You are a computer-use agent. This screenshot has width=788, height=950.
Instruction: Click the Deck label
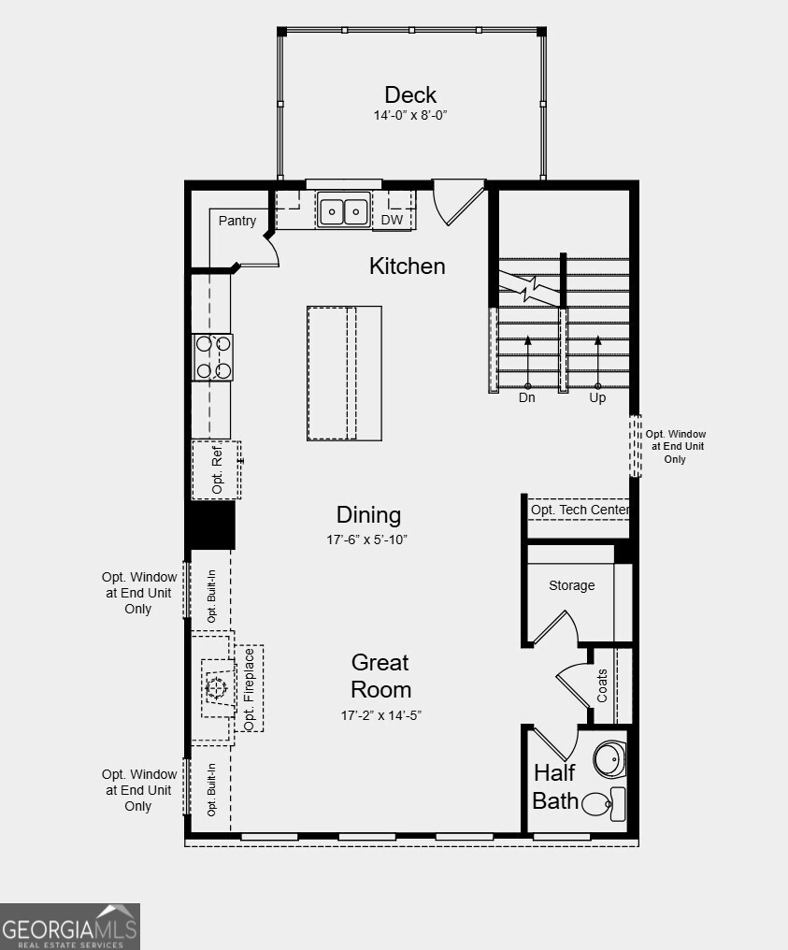[410, 94]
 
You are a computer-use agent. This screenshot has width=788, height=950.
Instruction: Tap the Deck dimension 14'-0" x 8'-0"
[410, 116]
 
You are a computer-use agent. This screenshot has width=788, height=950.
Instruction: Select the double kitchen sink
[343, 211]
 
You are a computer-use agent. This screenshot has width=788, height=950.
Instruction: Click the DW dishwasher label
[392, 221]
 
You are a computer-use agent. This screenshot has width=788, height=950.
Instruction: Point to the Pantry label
[237, 221]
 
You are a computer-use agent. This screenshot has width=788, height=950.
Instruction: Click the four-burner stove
[212, 357]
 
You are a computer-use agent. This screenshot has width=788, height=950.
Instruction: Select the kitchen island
[344, 372]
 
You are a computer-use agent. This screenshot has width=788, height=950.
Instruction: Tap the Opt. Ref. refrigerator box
[217, 469]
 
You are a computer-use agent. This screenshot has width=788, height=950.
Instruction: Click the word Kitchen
[408, 266]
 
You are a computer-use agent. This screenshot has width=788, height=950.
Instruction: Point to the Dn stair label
[527, 397]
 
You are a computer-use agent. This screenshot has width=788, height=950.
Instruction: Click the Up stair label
[597, 397]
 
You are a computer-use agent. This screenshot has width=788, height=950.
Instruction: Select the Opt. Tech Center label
[580, 511]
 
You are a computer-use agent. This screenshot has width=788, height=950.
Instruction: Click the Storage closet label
[571, 585]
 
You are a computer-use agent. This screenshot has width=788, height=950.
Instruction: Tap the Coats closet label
[602, 685]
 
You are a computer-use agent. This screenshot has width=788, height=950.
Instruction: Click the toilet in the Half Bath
[605, 803]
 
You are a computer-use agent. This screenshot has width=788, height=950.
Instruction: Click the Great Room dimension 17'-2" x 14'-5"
[380, 716]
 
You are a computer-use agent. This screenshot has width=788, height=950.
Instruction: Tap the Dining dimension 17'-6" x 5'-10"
[368, 540]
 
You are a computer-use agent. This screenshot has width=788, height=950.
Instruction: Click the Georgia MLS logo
[70, 927]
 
